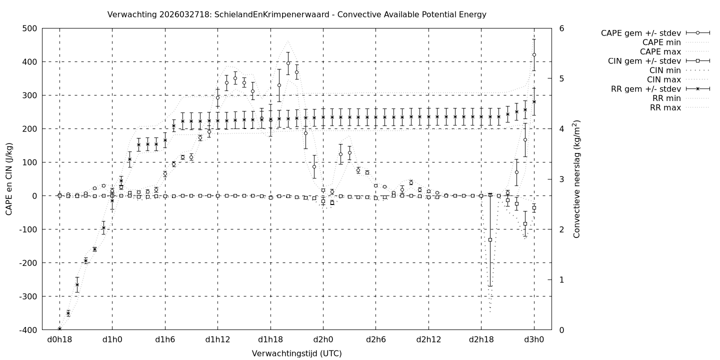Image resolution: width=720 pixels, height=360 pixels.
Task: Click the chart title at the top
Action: (x=296, y=14)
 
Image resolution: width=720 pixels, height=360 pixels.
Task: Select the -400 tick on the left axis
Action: (x=28, y=330)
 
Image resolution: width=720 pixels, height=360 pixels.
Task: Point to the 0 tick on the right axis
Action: (x=561, y=330)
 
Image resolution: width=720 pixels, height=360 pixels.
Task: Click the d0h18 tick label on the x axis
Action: (x=59, y=339)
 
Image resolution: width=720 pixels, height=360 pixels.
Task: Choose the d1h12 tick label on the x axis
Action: (x=217, y=339)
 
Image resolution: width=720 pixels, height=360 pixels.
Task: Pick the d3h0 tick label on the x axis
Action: (x=534, y=339)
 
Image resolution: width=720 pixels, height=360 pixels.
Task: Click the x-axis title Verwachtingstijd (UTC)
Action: (x=296, y=353)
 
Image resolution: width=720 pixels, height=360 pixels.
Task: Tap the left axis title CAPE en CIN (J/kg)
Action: (x=9, y=179)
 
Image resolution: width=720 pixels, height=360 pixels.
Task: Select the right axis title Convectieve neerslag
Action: (x=576, y=179)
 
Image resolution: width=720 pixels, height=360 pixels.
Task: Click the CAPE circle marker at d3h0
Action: (x=534, y=54)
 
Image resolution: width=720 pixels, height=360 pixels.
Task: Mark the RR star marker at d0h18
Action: (x=59, y=328)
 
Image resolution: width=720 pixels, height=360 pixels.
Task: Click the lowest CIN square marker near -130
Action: (x=490, y=240)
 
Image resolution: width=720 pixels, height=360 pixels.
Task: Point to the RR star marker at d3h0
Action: (x=534, y=101)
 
